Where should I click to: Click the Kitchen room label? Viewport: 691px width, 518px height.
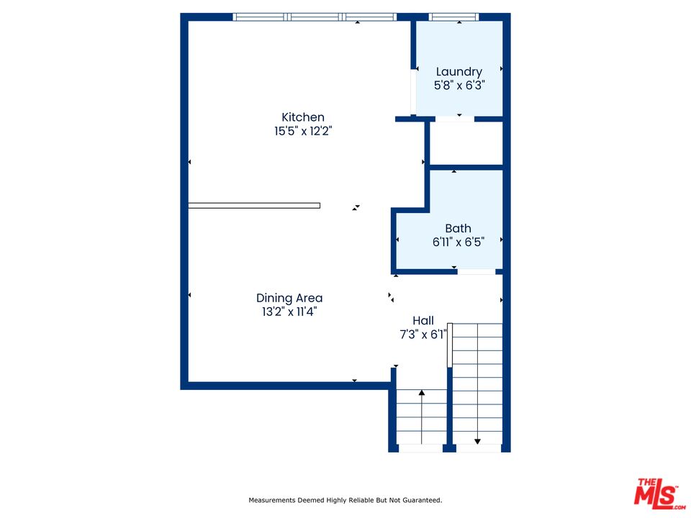303,117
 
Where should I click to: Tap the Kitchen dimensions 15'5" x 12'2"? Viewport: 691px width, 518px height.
303,131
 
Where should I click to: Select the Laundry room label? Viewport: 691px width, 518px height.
459,72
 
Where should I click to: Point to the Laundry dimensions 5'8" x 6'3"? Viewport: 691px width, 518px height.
459,86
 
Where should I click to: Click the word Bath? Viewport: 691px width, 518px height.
458,228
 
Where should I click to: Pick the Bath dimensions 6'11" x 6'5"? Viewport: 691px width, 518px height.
459,242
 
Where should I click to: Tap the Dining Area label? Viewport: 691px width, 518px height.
289,298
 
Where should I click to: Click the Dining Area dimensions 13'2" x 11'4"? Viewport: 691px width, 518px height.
289,312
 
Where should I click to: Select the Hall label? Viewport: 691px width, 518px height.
423,321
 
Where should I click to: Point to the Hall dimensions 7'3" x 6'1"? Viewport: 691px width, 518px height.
423,335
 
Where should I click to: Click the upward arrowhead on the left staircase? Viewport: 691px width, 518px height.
422,393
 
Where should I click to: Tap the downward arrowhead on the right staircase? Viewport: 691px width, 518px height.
477,441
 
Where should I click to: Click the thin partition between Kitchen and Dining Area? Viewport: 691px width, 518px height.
254,205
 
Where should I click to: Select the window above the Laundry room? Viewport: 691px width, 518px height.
453,17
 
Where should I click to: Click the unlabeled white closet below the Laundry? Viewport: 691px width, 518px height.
466,143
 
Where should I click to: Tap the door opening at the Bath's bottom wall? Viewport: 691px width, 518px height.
477,272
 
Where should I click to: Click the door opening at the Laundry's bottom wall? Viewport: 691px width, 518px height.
455,119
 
